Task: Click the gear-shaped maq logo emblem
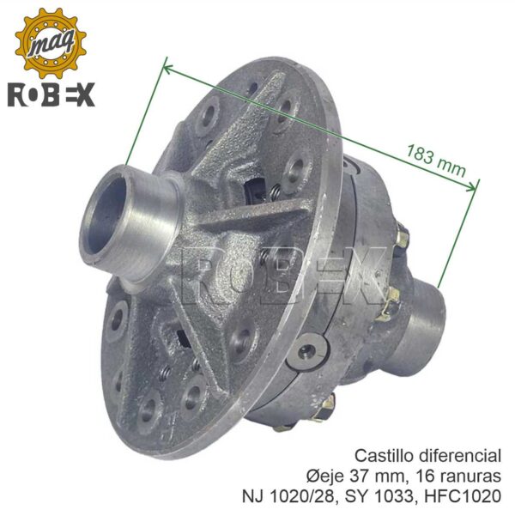coord(51,43)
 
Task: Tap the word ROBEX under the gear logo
coord(51,94)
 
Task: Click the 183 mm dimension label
coord(436,161)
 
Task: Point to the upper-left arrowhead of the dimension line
coord(167,69)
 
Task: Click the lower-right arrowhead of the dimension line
coord(471,187)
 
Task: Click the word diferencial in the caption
coord(461,456)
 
